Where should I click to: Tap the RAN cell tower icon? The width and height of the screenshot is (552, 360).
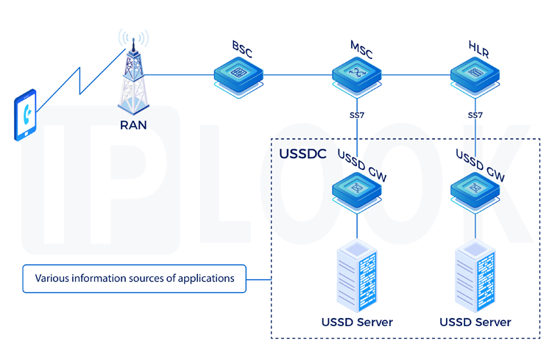coord(133,77)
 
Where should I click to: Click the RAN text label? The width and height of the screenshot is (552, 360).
coord(133,124)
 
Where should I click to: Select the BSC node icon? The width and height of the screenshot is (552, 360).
coord(238,75)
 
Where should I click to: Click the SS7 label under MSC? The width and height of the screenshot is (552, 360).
coord(357,116)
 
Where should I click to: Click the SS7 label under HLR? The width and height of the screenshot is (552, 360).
coord(475,116)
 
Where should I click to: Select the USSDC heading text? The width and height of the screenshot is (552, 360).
coord(302,155)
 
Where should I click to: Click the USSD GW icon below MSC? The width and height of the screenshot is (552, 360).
coord(357,190)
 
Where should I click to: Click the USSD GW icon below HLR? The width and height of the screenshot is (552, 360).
coord(475,190)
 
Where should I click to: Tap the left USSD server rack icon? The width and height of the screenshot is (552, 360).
coord(357,275)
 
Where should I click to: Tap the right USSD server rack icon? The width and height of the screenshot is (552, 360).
coord(475,275)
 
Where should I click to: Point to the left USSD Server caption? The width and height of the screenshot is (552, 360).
coord(357,322)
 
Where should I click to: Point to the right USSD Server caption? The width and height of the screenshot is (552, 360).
coord(475,322)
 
